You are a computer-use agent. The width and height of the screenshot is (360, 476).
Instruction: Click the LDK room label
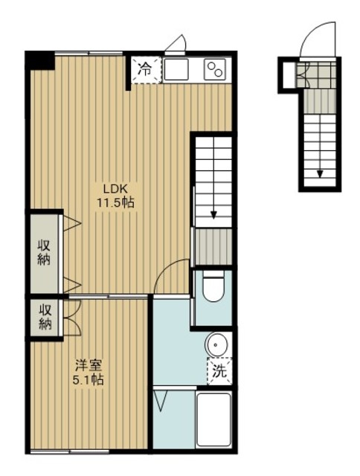point(115,189)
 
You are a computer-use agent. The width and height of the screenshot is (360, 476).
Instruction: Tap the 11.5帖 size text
point(115,202)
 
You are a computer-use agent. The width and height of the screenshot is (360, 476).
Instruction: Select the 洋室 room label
point(89,365)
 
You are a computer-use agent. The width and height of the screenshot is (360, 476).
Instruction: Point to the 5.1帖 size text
point(88,379)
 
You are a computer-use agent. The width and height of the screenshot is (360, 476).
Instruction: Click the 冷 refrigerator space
point(146,70)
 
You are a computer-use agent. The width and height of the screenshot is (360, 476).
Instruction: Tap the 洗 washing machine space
point(219,371)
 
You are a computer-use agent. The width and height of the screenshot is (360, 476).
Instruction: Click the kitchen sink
point(176,69)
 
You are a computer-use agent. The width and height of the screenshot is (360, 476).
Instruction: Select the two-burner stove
point(215,69)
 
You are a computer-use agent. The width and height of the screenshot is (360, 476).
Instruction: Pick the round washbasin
point(216,345)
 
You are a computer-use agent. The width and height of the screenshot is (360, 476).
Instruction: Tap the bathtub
point(213,419)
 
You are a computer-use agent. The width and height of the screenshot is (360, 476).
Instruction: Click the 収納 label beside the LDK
point(44,253)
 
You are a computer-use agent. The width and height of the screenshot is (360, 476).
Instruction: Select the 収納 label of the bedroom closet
point(45,318)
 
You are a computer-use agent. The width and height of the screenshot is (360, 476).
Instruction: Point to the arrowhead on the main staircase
point(213,215)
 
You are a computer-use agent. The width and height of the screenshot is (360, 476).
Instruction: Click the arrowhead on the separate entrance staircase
point(320,173)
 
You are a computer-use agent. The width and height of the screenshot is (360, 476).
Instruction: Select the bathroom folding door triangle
point(160,401)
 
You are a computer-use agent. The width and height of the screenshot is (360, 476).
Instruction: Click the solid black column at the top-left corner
point(39,60)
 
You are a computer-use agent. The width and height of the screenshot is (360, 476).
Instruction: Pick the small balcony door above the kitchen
point(177,45)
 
